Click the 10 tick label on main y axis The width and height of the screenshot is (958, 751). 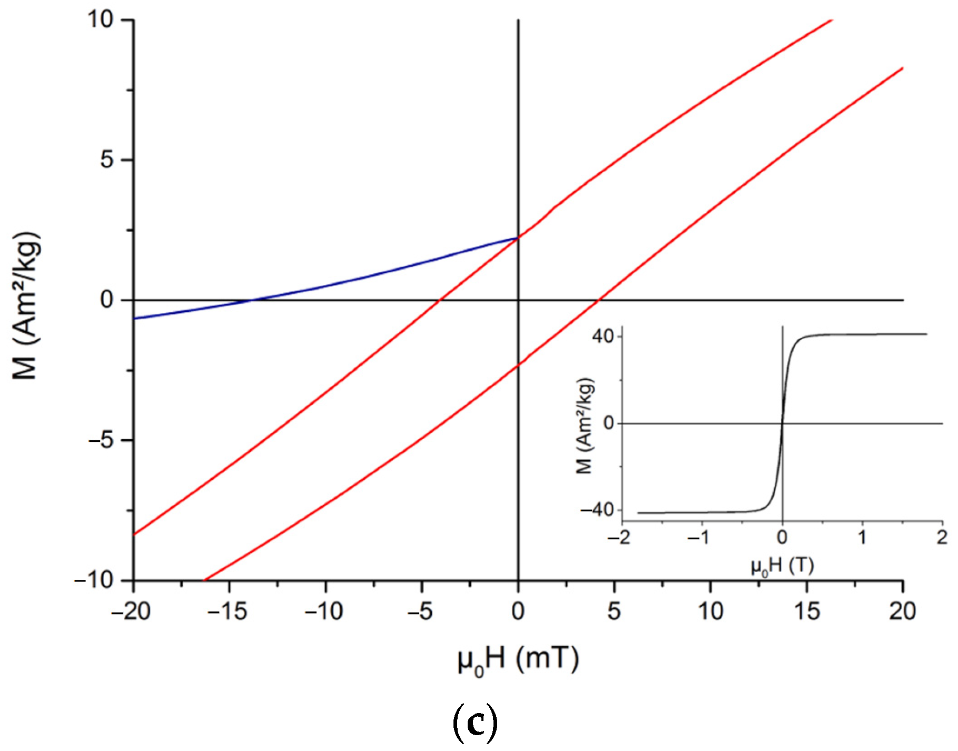[x=101, y=20]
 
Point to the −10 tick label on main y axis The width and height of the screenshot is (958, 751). [x=94, y=580]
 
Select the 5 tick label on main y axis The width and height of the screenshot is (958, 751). [x=108, y=160]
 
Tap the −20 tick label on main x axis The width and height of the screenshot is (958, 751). [x=132, y=611]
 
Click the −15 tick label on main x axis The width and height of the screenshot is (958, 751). [x=228, y=611]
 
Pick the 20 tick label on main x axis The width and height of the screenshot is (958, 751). [x=903, y=611]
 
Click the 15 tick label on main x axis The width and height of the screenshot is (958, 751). [x=806, y=611]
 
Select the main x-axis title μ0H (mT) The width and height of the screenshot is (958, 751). [x=518, y=659]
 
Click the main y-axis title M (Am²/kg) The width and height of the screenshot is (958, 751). [x=26, y=305]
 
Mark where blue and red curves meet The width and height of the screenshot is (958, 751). [x=518, y=238]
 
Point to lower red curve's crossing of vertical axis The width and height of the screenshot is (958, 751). [x=518, y=365]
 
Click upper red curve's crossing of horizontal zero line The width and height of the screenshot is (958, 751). [x=440, y=300]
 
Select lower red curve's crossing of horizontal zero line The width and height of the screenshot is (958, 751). [x=599, y=300]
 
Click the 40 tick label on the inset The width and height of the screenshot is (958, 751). [x=603, y=336]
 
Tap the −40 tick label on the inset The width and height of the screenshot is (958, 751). [x=597, y=510]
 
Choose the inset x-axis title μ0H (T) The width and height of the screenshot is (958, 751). [x=783, y=567]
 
